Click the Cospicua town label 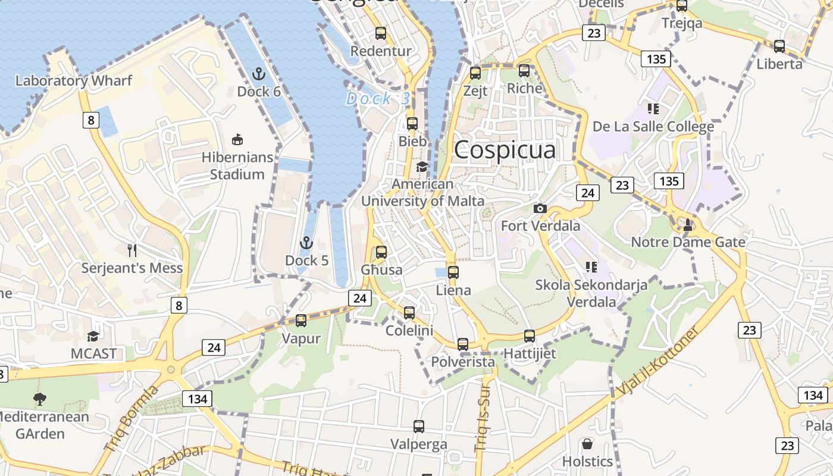click(505, 150)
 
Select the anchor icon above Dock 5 click(306, 243)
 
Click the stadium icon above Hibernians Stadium click(237, 140)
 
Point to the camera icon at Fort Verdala click(540, 208)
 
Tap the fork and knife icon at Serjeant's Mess click(132, 250)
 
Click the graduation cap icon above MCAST click(93, 336)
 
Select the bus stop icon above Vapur click(301, 321)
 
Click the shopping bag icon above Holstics click(587, 444)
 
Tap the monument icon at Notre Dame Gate click(688, 225)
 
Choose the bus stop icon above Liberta click(779, 46)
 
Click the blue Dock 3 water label click(378, 99)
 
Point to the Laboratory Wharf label click(74, 80)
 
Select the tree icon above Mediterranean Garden click(40, 399)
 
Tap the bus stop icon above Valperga click(419, 426)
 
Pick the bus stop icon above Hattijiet click(530, 336)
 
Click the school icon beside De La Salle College click(653, 109)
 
